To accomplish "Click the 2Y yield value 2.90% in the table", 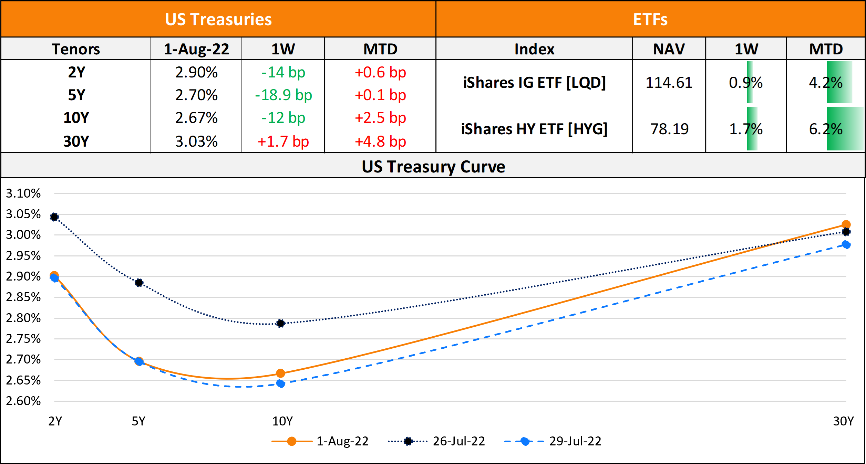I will click(x=196, y=73).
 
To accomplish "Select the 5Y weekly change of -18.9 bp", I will click(x=283, y=95).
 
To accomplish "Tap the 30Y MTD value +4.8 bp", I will click(x=380, y=141).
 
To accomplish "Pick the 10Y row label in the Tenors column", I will click(x=76, y=118).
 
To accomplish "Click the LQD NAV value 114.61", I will click(x=669, y=83).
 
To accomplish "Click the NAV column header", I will click(x=669, y=49).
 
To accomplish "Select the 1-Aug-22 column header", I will click(x=196, y=49).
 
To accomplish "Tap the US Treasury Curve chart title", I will click(x=433, y=167).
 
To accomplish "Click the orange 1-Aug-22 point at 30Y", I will click(x=846, y=225).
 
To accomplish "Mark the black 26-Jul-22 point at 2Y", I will click(x=54, y=217).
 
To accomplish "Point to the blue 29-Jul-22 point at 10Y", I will click(x=281, y=383).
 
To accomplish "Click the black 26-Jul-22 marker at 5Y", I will click(x=139, y=283).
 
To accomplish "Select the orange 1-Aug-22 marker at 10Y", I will click(x=281, y=373).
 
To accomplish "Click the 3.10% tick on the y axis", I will click(x=23, y=193).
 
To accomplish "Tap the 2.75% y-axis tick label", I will click(x=23, y=339).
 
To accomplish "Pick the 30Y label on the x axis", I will click(x=843, y=421).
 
